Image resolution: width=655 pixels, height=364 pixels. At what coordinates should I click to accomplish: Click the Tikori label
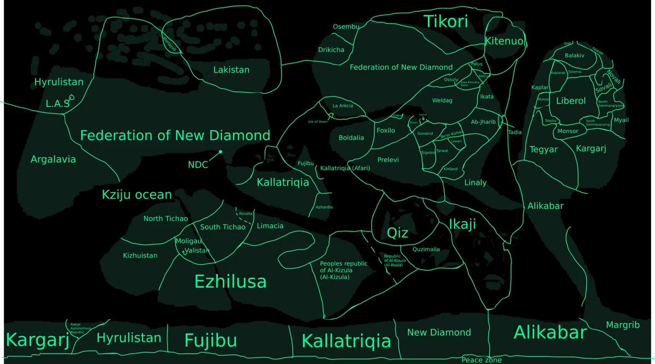click(x=446, y=21)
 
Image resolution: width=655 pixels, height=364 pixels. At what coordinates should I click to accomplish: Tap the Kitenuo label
click(x=504, y=41)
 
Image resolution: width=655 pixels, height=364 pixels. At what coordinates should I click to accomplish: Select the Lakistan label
click(x=231, y=70)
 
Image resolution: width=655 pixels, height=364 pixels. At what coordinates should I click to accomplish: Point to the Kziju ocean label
click(x=137, y=195)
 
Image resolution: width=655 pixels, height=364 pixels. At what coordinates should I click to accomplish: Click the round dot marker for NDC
click(x=221, y=152)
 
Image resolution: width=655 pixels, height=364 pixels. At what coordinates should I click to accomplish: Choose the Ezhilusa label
click(x=230, y=281)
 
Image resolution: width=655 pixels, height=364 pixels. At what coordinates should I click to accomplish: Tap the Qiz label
click(x=397, y=233)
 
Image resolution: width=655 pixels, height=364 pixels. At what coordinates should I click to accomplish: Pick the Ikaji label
click(x=462, y=224)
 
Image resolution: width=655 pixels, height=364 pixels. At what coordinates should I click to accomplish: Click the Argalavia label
click(x=53, y=159)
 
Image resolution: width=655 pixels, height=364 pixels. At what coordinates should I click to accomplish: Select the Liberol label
click(x=571, y=101)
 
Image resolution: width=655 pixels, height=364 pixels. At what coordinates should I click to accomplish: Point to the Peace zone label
click(x=481, y=360)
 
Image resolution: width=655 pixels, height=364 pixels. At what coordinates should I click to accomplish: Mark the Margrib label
click(x=622, y=325)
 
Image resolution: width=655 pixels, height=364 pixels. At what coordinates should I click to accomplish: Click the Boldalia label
click(x=351, y=138)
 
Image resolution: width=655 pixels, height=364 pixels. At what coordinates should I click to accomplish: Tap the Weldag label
click(x=442, y=100)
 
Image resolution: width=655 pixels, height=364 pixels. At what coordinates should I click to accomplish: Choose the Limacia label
click(x=270, y=226)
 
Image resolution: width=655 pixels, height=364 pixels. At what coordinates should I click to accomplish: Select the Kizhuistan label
click(x=140, y=255)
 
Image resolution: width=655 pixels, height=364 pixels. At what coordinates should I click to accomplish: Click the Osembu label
click(x=346, y=27)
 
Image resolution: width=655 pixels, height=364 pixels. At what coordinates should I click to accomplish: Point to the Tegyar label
click(x=543, y=150)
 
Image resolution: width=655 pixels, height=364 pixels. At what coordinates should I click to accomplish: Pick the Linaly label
click(x=475, y=182)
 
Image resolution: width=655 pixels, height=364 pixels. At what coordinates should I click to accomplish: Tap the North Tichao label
click(x=165, y=219)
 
